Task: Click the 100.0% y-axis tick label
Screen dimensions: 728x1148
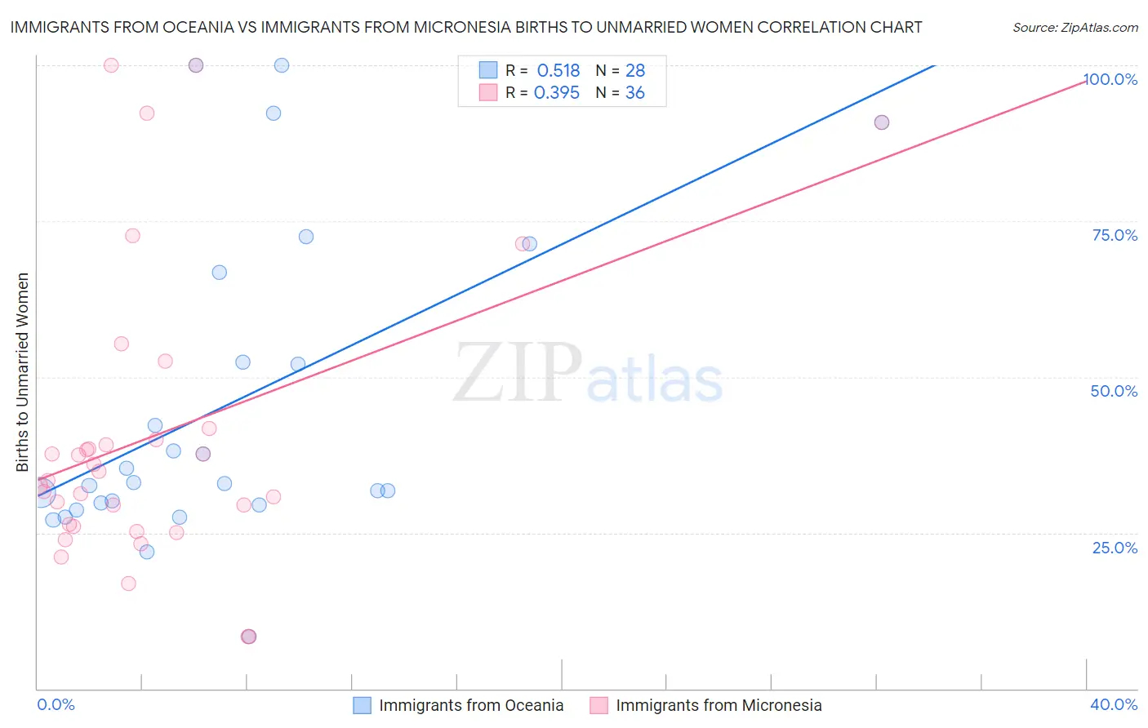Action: click(x=1110, y=79)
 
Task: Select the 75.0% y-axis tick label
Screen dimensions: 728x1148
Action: click(x=1115, y=235)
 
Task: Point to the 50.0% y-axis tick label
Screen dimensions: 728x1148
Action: click(x=1114, y=391)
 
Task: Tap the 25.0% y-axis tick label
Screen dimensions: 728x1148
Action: click(x=1115, y=548)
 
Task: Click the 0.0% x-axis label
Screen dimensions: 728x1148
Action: click(x=56, y=704)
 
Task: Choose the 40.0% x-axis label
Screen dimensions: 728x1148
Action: click(x=1114, y=704)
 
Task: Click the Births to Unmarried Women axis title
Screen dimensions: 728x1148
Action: click(x=22, y=372)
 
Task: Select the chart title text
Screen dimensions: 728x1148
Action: click(x=465, y=27)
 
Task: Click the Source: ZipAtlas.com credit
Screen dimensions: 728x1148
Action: click(x=1075, y=28)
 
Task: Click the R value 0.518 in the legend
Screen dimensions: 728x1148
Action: click(x=558, y=70)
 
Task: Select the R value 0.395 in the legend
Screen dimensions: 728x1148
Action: click(x=557, y=93)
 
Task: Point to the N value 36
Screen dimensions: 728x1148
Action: click(x=634, y=93)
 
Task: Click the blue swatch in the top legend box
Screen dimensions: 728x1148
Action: click(x=488, y=70)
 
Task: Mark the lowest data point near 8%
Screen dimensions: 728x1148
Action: click(x=249, y=637)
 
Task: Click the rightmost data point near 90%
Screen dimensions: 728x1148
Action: click(x=881, y=122)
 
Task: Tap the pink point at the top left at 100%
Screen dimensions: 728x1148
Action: click(x=111, y=65)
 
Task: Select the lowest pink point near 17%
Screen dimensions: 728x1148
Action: click(x=128, y=584)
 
